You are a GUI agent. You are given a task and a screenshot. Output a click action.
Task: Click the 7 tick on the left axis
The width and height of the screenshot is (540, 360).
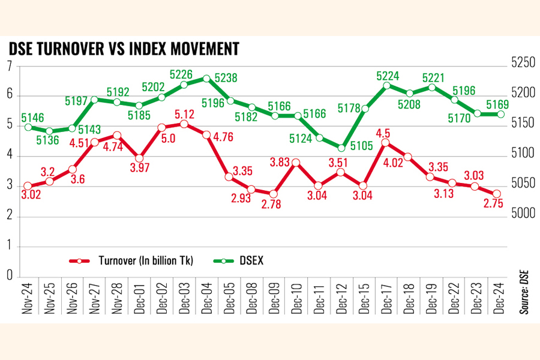pos(9,67)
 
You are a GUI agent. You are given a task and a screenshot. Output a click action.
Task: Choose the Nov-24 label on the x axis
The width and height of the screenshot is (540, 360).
pos(28,298)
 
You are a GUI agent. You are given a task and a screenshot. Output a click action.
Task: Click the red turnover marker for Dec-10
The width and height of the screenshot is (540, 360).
pos(296,163)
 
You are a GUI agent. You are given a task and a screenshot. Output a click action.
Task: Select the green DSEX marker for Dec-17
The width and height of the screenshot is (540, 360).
pos(386,85)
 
